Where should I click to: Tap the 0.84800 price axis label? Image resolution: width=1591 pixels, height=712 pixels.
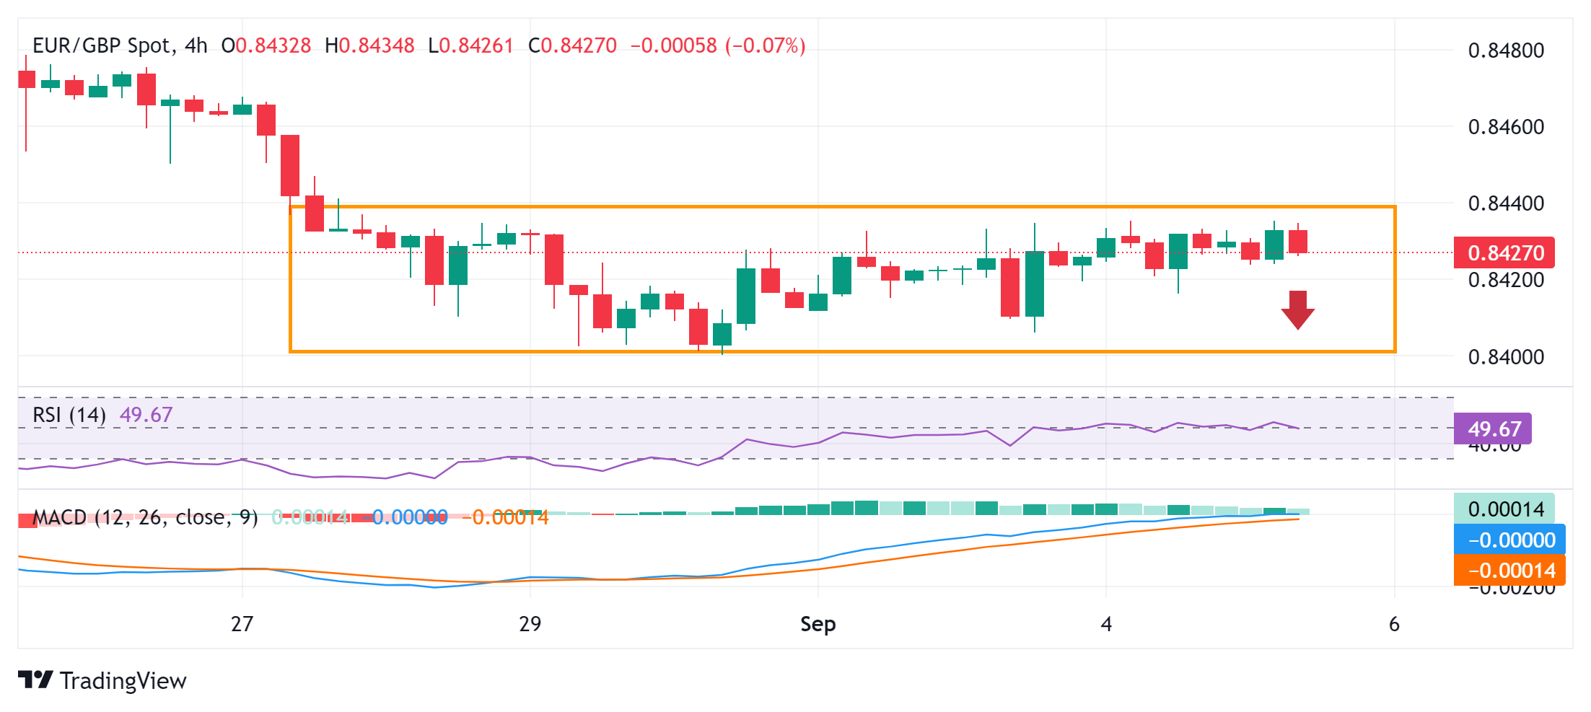(1506, 50)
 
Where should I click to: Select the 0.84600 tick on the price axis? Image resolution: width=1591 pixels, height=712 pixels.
(1506, 127)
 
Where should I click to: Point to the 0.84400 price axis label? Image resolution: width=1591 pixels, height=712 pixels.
(1506, 203)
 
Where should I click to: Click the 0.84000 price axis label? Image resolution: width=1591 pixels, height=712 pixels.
(1506, 357)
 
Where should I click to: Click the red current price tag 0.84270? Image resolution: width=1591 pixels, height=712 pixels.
(1504, 253)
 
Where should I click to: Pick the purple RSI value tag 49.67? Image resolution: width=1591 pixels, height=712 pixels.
(1493, 429)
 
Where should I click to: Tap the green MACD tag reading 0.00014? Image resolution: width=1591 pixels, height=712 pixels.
(1504, 509)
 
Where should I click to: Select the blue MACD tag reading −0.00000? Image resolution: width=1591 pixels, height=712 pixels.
(1510, 540)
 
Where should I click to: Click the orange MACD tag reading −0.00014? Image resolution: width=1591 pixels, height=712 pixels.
(1510, 571)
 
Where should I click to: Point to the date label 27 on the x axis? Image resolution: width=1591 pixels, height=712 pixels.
(242, 624)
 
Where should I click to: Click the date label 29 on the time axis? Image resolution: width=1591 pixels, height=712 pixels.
(530, 624)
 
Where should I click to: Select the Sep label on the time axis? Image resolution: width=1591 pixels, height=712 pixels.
(818, 624)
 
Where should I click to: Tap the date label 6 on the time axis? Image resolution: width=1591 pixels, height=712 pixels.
(1394, 624)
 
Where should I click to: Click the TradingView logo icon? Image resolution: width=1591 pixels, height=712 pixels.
(35, 680)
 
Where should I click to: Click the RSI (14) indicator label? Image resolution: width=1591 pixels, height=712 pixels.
(69, 415)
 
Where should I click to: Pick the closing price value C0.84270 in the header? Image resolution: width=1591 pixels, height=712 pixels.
(572, 46)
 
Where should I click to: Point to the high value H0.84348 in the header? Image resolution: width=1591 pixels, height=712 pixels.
(369, 46)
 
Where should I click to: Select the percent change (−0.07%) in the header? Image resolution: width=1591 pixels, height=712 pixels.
(765, 46)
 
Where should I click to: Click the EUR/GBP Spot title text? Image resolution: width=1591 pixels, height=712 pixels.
(103, 46)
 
